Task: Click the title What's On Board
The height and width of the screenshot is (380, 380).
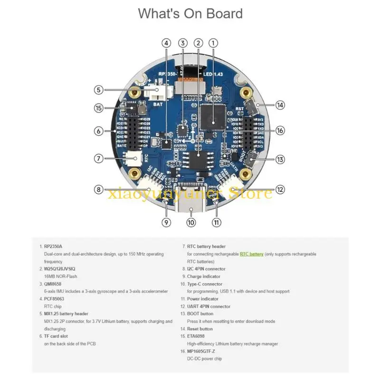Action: [190, 14]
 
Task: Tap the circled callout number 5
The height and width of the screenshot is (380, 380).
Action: [98, 89]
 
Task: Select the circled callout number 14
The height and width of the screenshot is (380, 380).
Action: [281, 105]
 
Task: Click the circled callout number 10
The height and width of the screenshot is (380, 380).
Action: [191, 222]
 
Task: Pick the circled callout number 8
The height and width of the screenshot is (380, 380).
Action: [98, 190]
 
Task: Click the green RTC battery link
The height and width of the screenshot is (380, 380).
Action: [251, 254]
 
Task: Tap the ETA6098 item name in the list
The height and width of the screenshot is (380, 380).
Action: [196, 336]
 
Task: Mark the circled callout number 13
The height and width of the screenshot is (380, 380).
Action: [280, 159]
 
